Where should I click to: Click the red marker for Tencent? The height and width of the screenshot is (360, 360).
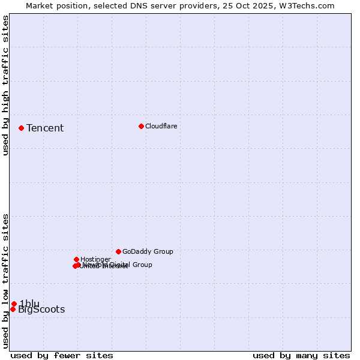21,128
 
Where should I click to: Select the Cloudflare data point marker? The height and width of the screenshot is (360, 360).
141,126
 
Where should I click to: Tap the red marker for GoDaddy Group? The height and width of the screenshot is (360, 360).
118,251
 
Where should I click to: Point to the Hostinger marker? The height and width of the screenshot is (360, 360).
76,259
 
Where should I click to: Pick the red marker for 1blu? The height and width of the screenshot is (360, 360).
14,304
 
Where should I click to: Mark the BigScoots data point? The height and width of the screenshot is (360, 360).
13,309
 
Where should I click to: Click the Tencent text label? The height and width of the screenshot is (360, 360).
45,128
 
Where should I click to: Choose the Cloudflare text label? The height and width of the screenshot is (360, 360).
161,126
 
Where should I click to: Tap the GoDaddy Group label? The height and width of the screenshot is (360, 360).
148,251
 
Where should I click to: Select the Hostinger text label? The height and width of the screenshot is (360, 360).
95,259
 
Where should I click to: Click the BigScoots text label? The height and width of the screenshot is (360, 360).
41,310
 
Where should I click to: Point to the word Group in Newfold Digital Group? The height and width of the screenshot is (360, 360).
142,265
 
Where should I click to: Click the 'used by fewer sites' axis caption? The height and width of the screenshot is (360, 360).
62,355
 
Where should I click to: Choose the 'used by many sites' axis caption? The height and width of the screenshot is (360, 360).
301,355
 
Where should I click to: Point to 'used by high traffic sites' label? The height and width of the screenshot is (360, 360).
5,85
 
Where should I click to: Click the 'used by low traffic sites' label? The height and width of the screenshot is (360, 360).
5,281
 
